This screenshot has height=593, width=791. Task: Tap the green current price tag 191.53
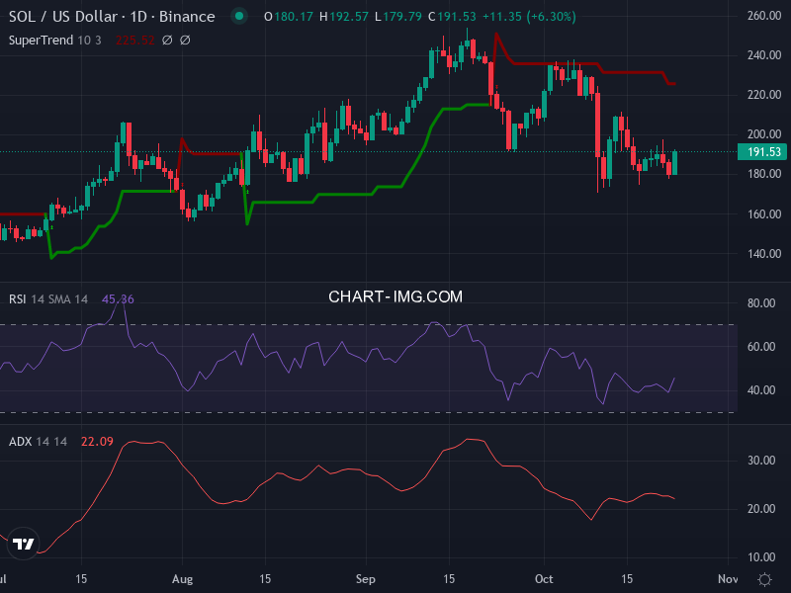tap(759, 151)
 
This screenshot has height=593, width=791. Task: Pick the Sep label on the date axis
tap(366, 578)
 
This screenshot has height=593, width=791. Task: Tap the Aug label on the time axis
tap(181, 578)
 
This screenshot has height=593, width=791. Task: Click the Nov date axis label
tap(728, 578)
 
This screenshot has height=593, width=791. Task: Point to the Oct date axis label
tap(545, 578)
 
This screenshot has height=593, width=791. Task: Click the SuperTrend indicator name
tap(44, 41)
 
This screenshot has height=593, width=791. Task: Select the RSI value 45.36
tap(118, 299)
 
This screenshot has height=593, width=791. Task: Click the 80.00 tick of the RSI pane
tap(759, 303)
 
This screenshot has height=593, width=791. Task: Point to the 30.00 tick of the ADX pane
tap(759, 461)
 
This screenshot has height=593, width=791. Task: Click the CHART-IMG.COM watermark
tap(395, 296)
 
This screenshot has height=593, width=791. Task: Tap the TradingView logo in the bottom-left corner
tap(25, 544)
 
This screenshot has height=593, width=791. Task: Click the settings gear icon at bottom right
tap(763, 578)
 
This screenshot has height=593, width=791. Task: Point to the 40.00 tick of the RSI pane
tap(759, 390)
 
